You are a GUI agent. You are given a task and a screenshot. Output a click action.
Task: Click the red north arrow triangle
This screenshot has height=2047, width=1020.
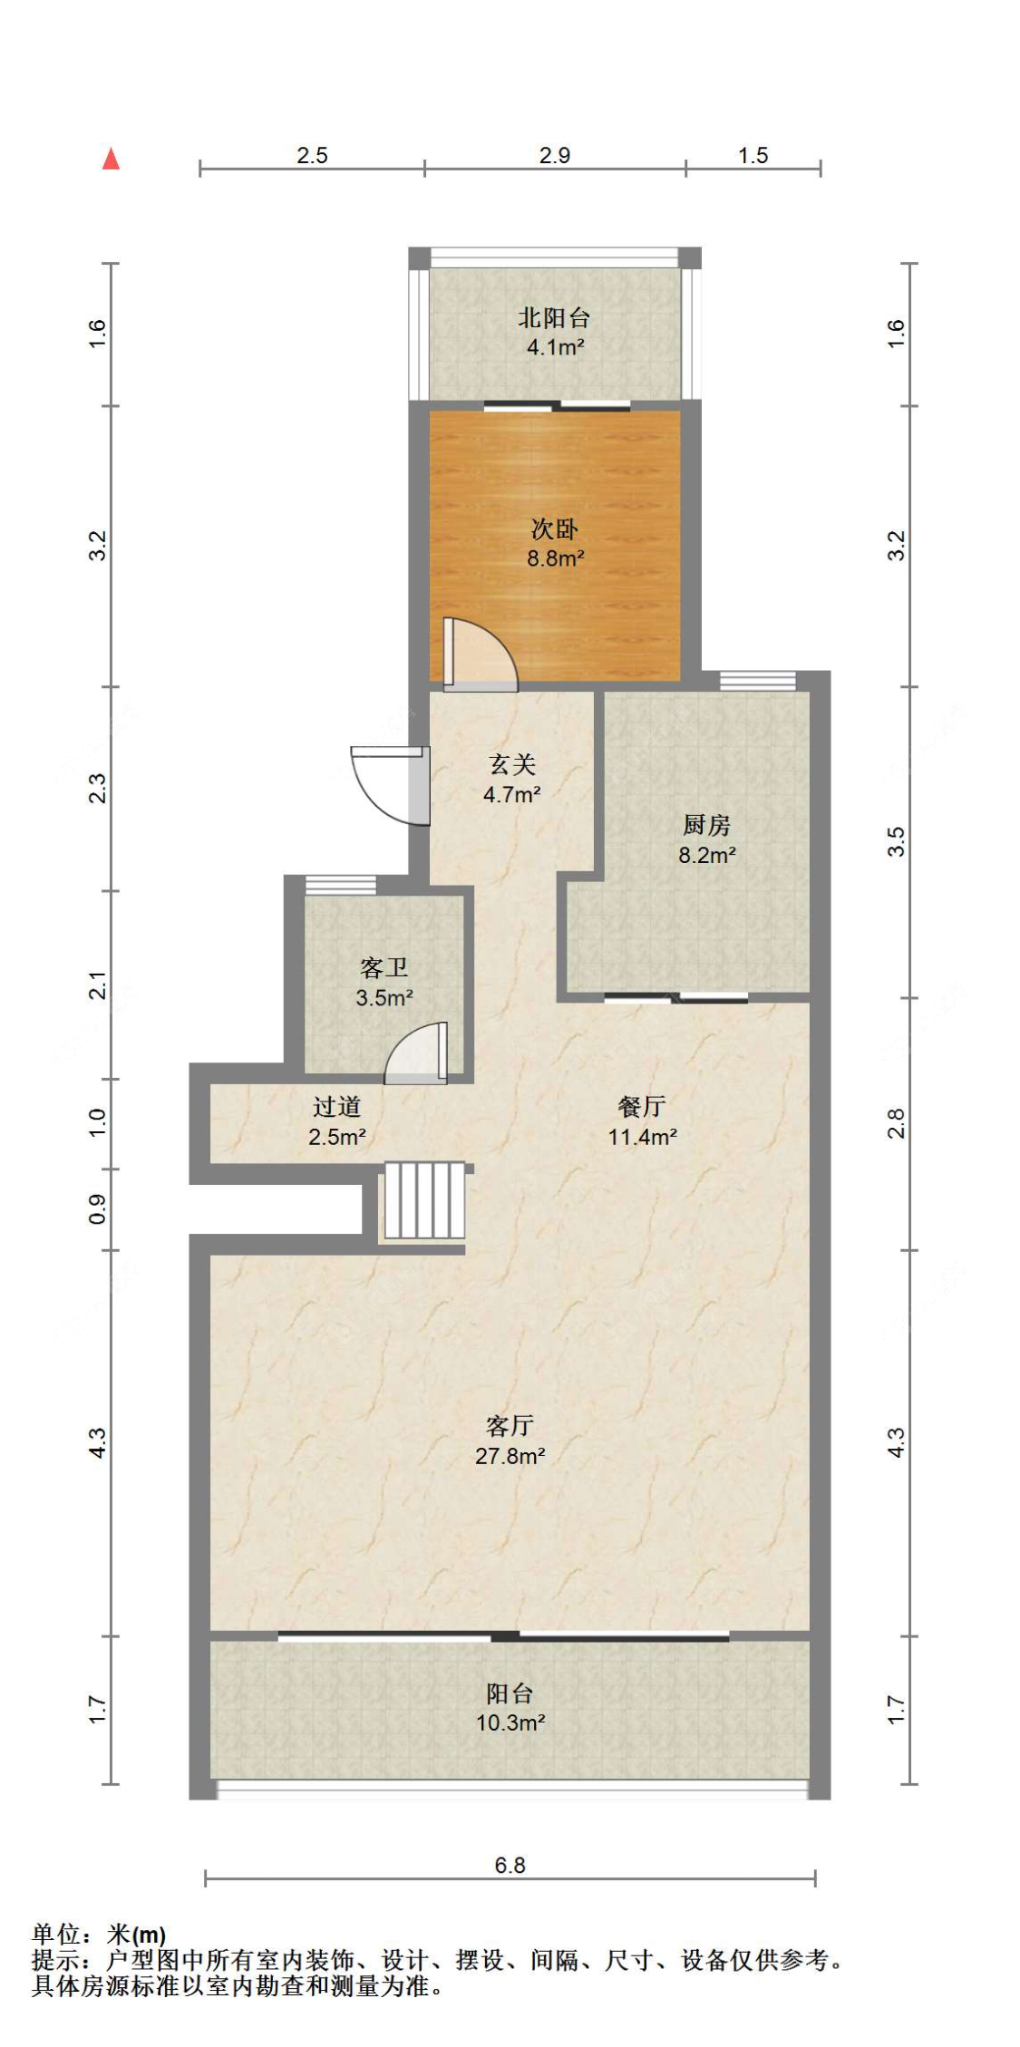click(111, 159)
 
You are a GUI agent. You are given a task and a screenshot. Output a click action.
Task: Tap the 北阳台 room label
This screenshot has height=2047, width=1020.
click(554, 318)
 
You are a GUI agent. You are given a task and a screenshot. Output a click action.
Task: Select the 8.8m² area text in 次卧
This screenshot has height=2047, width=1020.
click(555, 558)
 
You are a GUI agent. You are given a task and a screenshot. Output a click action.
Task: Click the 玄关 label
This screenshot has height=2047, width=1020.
click(512, 764)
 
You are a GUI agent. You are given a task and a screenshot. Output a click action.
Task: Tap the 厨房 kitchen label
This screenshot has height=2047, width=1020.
click(706, 825)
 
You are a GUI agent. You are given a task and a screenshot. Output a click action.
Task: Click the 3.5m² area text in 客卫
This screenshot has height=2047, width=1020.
click(384, 998)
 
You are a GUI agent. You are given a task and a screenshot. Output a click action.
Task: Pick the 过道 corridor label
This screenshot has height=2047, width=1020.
click(336, 1107)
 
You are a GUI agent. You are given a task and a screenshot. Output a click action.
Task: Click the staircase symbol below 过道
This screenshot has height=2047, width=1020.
click(424, 1200)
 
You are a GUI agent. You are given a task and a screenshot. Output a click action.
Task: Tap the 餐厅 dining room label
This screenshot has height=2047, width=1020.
click(642, 1107)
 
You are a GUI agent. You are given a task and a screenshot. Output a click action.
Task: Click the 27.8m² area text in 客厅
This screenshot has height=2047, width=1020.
click(510, 1456)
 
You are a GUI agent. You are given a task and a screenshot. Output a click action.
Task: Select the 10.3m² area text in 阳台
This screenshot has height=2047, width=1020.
click(510, 1722)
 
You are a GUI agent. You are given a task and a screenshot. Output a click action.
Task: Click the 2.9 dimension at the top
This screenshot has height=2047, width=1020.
click(554, 155)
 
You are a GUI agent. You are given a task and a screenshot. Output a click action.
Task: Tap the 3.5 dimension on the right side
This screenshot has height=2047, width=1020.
click(896, 841)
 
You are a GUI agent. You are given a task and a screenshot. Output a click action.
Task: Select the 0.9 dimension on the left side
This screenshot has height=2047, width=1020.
click(97, 1208)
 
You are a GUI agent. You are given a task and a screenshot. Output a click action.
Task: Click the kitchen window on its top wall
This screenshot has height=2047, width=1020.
click(757, 680)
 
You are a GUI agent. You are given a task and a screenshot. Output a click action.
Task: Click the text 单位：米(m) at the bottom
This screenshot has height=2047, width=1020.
click(99, 1935)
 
